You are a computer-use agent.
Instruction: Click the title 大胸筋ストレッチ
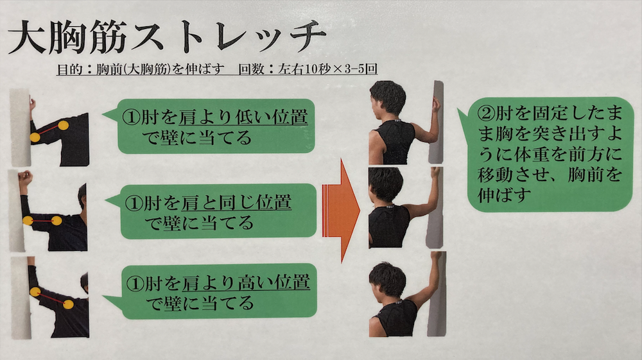click(x=167, y=37)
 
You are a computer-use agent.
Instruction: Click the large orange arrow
click(x=341, y=210)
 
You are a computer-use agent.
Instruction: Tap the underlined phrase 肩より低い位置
click(x=243, y=117)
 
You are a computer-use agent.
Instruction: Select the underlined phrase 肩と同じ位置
click(x=236, y=203)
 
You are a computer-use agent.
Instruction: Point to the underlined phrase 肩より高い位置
click(x=246, y=283)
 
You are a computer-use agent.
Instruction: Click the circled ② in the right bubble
click(x=486, y=113)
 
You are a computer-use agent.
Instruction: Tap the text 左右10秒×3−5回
click(x=327, y=69)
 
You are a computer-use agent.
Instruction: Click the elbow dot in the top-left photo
click(x=35, y=137)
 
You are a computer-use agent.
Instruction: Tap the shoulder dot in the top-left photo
click(x=63, y=126)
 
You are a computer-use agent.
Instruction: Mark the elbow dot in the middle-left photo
click(x=28, y=221)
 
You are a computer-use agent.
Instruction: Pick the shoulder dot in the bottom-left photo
click(x=68, y=304)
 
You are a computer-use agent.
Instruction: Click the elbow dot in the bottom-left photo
click(x=35, y=292)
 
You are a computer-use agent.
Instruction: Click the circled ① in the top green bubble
click(x=131, y=117)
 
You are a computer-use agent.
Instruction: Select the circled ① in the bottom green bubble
click(x=135, y=283)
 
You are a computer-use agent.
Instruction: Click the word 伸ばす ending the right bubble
click(x=504, y=194)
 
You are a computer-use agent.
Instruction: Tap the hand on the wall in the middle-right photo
click(x=436, y=172)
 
